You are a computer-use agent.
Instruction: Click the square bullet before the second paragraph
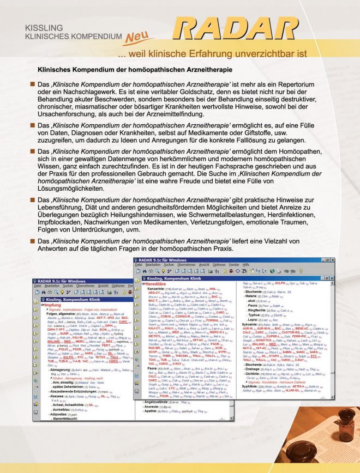pyautogui.click(x=32, y=126)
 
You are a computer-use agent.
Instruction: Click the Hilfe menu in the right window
pyautogui.click(x=247, y=264)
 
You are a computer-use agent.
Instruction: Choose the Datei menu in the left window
pyautogui.click(x=37, y=286)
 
